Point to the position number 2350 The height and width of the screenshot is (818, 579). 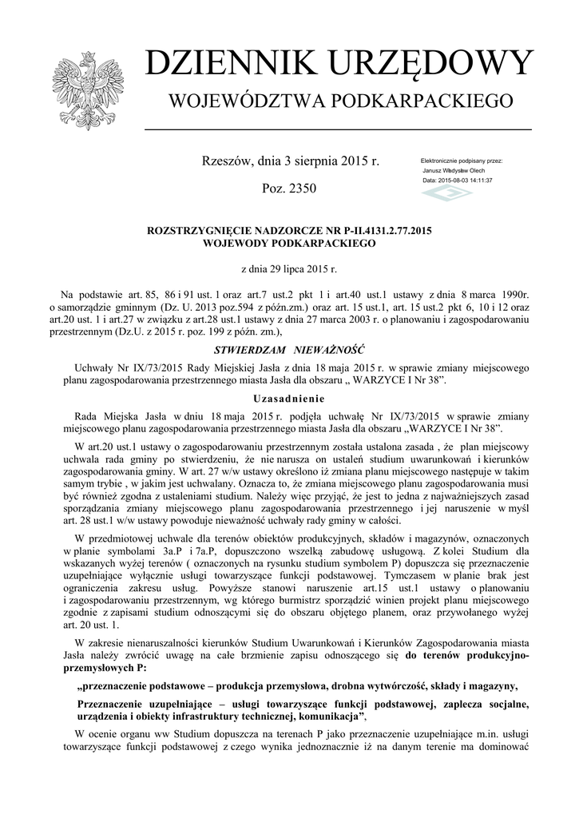pos(300,189)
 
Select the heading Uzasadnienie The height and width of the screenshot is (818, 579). pos(289,398)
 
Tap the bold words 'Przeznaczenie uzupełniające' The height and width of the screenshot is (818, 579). pos(148,703)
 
